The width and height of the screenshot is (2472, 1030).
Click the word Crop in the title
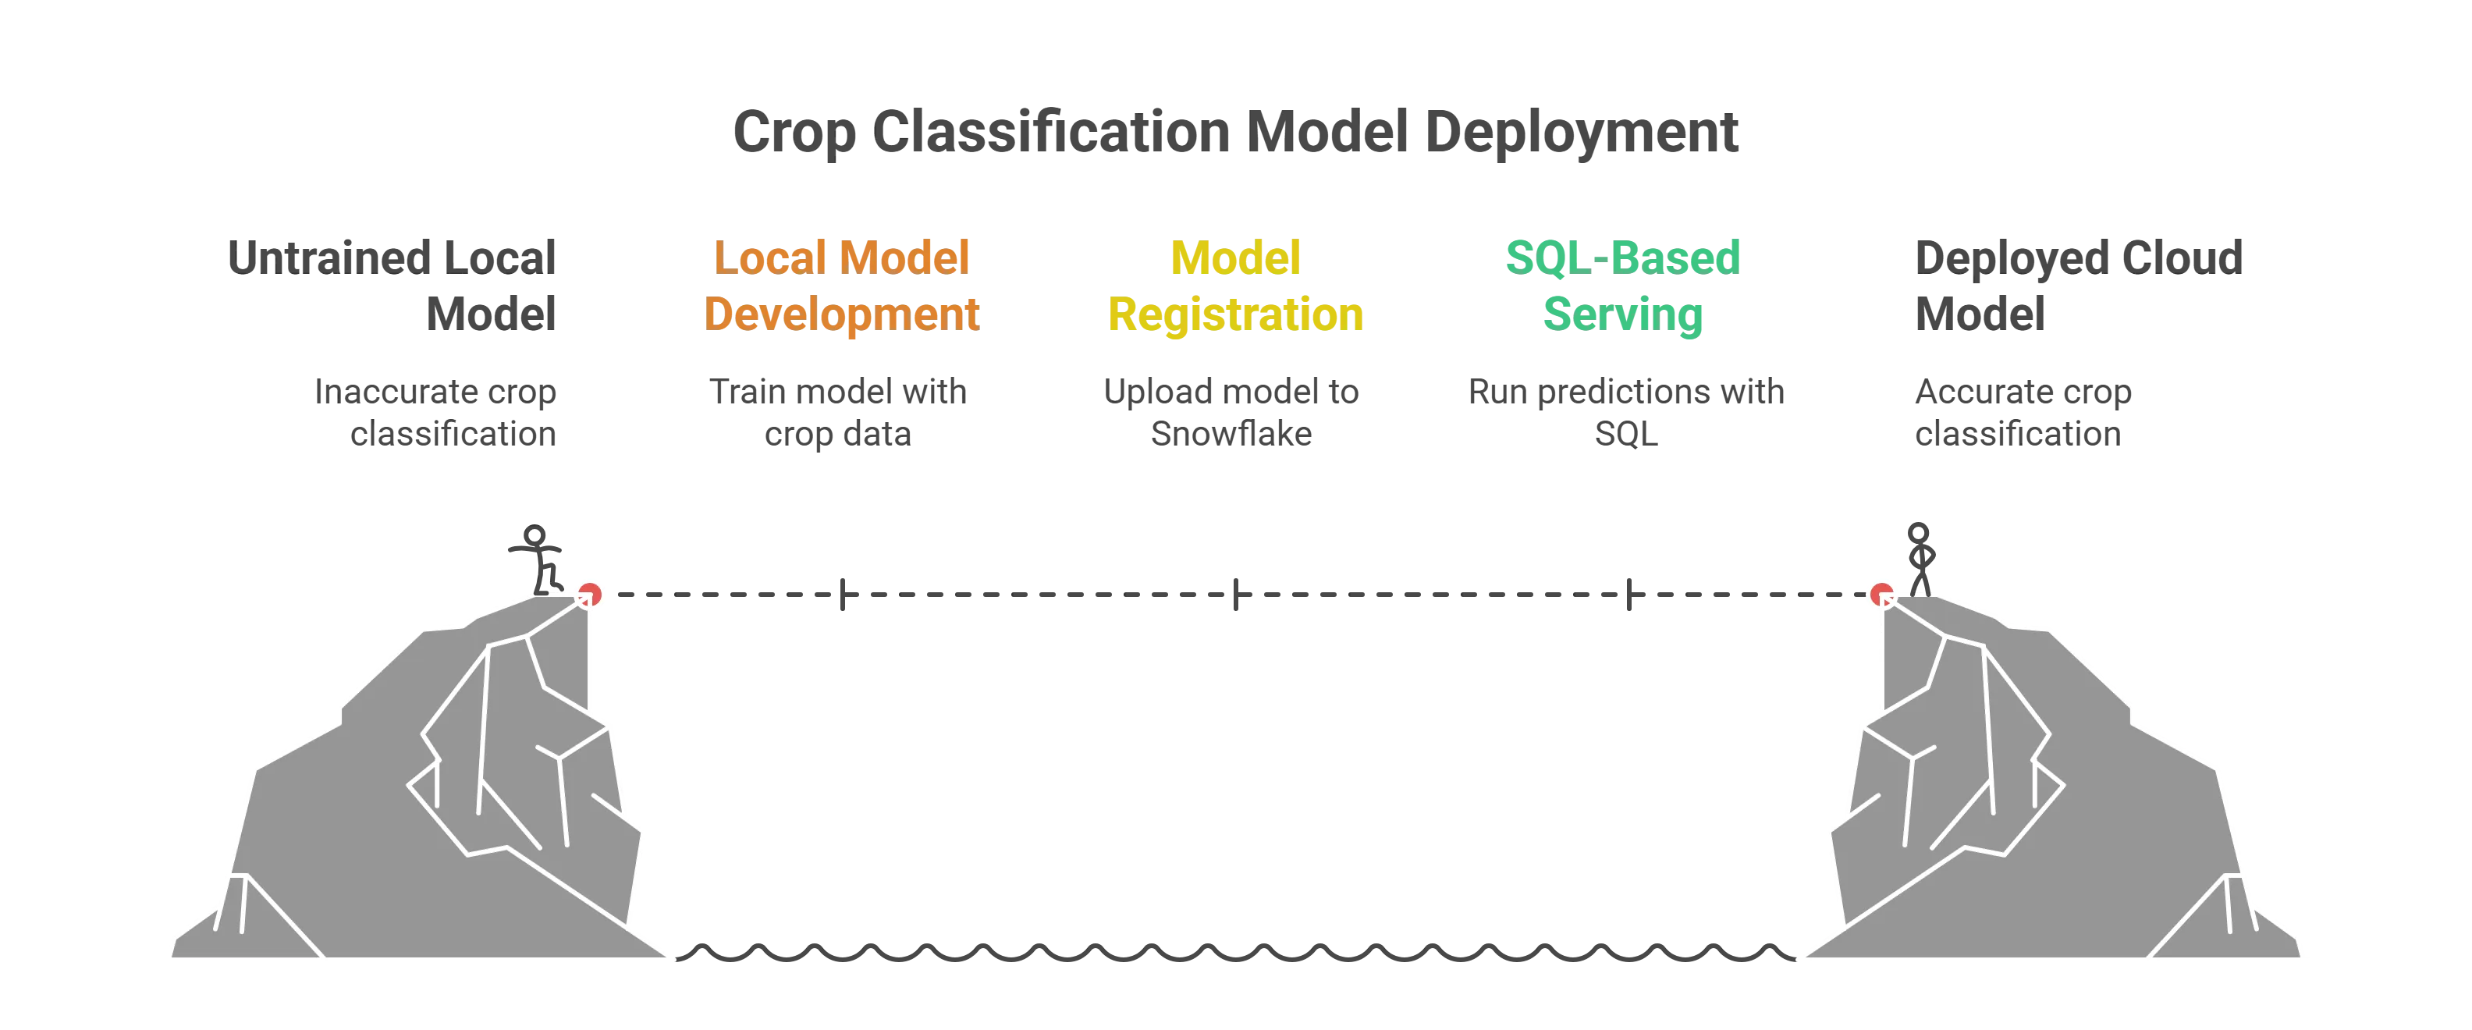tap(792, 133)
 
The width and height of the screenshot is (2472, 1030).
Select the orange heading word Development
tap(842, 314)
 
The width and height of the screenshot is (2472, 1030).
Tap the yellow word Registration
tap(1235, 314)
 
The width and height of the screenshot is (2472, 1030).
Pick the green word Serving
tap(1623, 314)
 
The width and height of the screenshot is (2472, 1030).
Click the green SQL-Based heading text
tap(1623, 256)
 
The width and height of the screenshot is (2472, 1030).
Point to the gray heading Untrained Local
tap(389, 256)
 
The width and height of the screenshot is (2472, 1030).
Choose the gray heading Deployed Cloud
tap(2080, 256)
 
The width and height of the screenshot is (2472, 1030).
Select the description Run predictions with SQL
tap(1625, 413)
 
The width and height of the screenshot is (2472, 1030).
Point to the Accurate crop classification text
tap(2023, 413)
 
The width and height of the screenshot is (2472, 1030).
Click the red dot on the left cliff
tap(589, 594)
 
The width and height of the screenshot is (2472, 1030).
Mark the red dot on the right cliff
tap(1882, 594)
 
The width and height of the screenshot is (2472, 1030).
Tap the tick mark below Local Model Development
tap(842, 594)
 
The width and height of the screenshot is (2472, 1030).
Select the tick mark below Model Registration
tap(1236, 594)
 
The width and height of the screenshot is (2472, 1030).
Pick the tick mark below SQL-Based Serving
tap(1628, 594)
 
